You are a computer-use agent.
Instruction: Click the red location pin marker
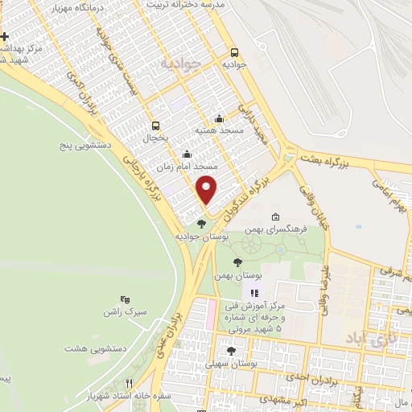click(x=207, y=190)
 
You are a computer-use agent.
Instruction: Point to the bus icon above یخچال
click(x=155, y=125)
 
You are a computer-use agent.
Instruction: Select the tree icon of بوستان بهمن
click(x=237, y=262)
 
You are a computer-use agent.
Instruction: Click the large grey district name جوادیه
click(x=177, y=63)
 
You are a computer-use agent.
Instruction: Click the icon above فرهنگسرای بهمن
click(x=276, y=217)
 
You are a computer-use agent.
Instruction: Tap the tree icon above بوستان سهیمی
click(x=232, y=351)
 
